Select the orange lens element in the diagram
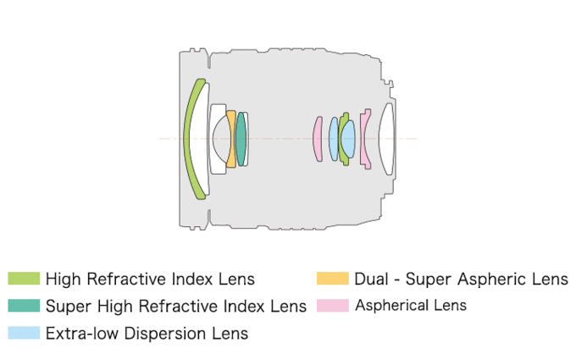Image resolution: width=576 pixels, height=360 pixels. coord(231,138)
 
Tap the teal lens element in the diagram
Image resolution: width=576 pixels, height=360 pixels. coord(241,138)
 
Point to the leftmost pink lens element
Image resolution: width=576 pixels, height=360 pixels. coord(318,139)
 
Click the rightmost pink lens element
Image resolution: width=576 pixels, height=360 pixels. coord(364,138)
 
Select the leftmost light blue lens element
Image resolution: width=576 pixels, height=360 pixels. coord(334,139)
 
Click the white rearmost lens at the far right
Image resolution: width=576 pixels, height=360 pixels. coord(386,138)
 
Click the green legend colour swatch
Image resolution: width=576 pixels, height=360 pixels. coord(24,279)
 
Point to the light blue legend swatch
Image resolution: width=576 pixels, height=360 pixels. coord(24,333)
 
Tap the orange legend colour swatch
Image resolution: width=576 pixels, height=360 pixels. coord(332,279)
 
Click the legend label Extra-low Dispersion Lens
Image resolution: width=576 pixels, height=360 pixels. coord(147,334)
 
